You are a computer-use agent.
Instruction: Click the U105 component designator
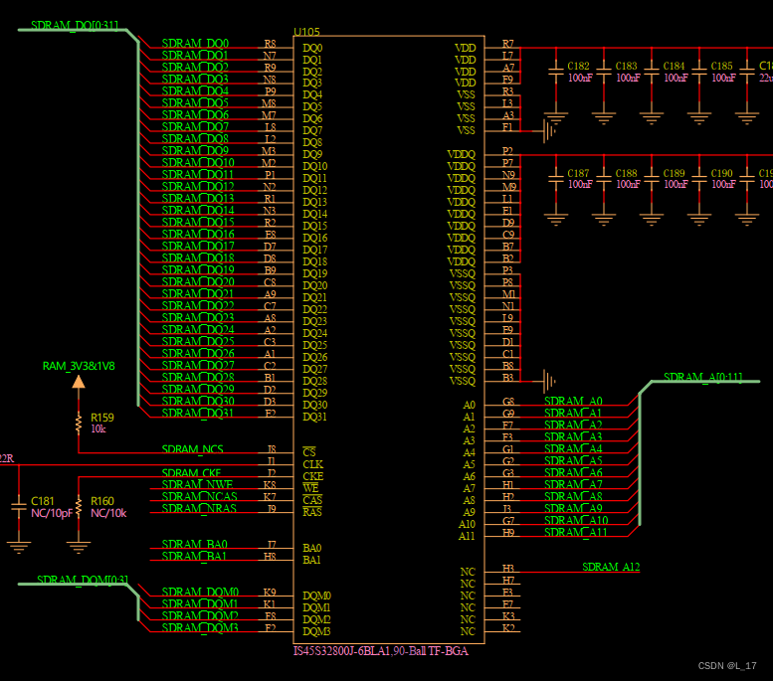306,32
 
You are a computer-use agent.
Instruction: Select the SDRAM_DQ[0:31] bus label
75,25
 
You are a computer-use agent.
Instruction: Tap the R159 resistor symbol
79,423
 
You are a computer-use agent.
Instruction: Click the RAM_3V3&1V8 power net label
79,366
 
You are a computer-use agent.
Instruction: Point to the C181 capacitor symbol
18,507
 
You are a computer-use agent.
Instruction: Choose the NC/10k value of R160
108,513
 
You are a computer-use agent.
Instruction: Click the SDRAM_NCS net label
192,449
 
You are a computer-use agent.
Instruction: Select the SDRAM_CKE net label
193,473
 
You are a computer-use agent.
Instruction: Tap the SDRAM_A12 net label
611,568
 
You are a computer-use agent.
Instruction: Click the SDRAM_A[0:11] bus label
702,377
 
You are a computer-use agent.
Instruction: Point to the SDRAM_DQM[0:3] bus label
83,580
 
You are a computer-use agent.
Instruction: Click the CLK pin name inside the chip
312,464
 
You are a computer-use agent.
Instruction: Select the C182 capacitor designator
578,66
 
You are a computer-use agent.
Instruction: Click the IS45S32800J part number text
380,651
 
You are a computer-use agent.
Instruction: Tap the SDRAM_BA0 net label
194,545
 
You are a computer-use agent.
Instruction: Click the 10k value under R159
98,428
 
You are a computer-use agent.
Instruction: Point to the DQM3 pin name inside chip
316,631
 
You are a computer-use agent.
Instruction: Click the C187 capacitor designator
578,173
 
